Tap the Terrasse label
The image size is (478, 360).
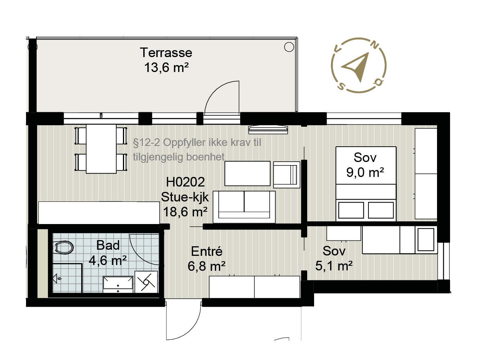166,53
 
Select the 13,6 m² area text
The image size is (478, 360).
166,67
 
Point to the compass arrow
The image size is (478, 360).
356,66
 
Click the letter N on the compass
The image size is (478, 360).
375,46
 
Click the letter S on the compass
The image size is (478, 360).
341,86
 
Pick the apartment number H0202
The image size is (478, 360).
185,182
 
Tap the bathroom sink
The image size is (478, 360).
118,285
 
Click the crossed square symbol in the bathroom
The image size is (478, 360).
146,282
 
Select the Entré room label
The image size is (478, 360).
207,252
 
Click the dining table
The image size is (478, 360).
101,149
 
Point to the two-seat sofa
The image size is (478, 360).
244,207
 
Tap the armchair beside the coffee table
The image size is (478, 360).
287,175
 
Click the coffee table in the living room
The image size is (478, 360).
247,173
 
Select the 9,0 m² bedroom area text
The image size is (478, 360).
365,173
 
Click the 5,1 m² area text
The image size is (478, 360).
334,266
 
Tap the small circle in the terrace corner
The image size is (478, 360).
289,47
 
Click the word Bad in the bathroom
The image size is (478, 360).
108,245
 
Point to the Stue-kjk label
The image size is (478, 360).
185,197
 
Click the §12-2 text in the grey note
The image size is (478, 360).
146,143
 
